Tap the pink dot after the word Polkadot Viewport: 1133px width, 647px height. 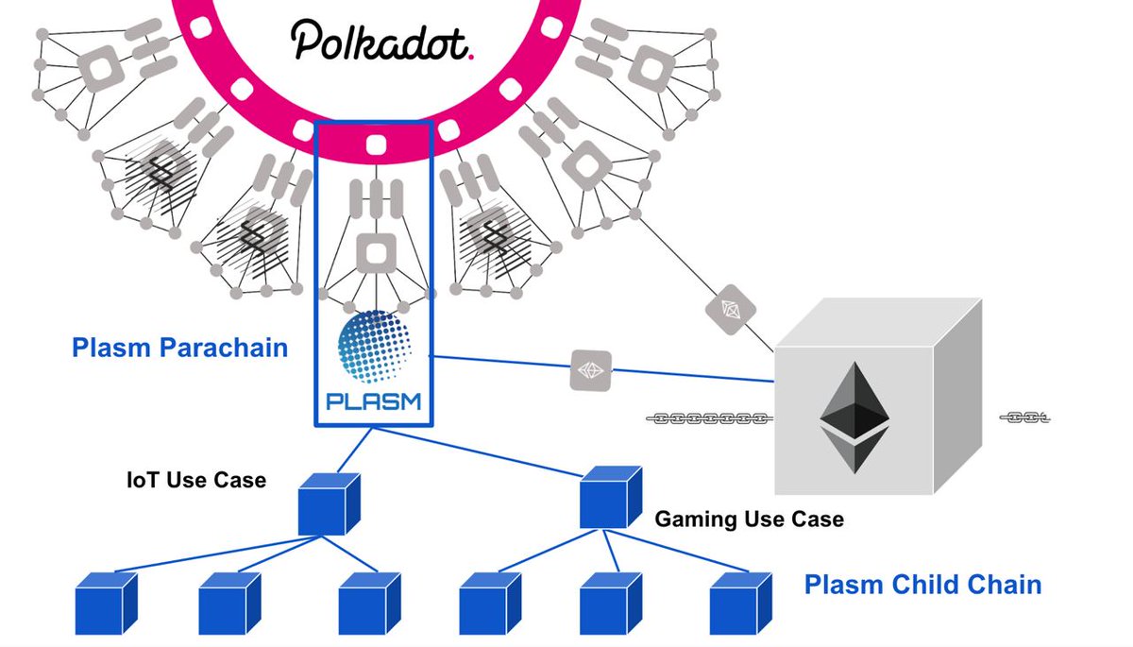tap(471, 55)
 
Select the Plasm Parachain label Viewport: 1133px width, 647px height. tap(179, 348)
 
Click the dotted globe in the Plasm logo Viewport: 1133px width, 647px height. tap(373, 347)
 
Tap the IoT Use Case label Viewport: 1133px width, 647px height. tap(196, 480)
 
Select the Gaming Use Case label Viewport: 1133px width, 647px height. tap(749, 519)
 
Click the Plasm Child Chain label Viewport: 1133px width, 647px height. tap(922, 585)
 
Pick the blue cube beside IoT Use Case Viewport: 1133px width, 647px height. tap(329, 503)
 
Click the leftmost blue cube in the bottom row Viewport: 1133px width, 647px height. tap(105, 602)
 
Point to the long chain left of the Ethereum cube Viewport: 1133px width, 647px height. tap(709, 417)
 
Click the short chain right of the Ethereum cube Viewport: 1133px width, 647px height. tap(1023, 417)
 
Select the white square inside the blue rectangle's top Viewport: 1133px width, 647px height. tap(373, 147)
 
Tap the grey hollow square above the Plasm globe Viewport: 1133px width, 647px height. tap(373, 255)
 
